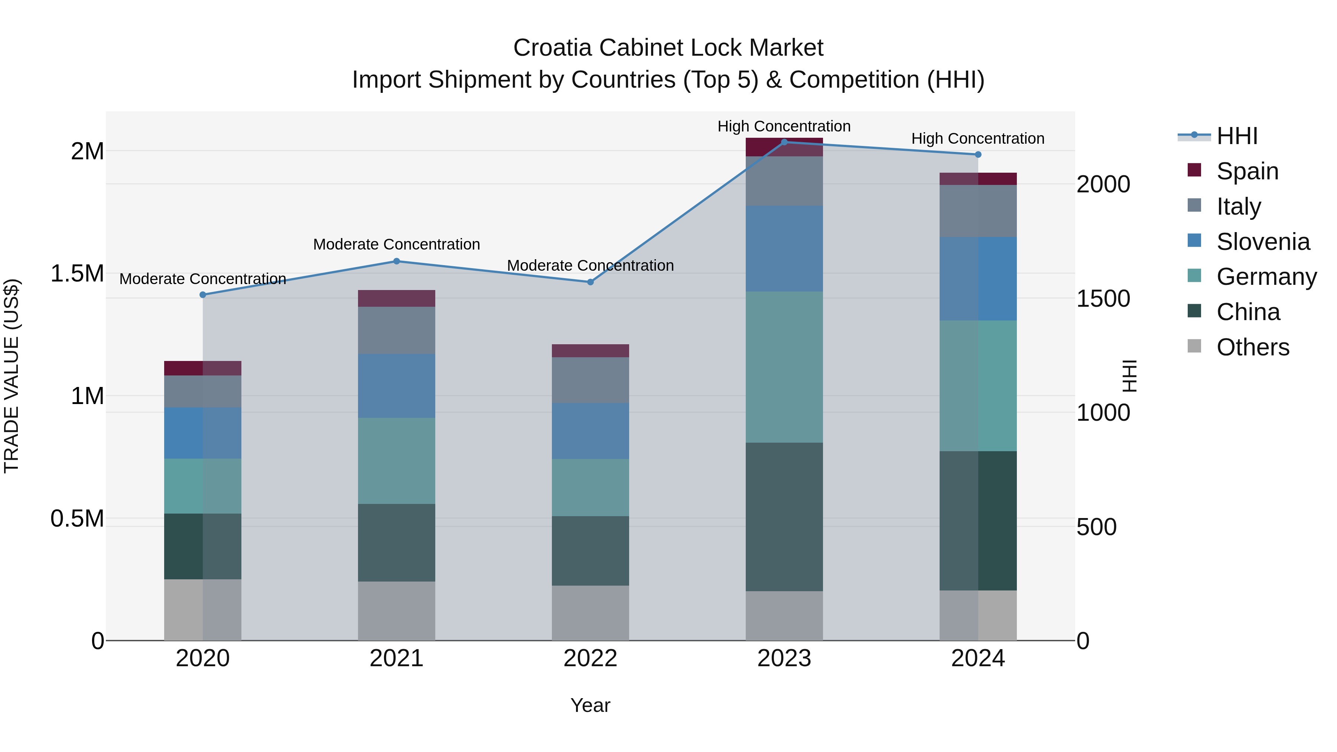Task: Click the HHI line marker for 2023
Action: point(784,142)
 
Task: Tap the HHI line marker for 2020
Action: point(203,295)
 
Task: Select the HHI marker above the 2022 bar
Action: point(590,282)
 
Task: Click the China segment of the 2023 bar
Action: point(784,517)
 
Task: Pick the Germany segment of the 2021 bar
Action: point(397,460)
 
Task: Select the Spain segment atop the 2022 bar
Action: point(590,351)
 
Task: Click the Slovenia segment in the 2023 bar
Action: point(784,248)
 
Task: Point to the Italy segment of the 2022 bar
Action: point(590,380)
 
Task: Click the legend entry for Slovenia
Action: point(1263,242)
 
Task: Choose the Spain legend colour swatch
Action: point(1194,170)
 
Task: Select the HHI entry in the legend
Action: point(1237,136)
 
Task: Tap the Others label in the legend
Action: point(1252,347)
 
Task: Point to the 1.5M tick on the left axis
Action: point(77,273)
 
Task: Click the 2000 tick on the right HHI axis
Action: point(1103,184)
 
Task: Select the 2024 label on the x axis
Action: point(978,658)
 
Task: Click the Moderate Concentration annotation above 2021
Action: point(397,244)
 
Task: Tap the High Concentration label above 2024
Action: point(978,139)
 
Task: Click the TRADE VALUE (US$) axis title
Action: point(12,376)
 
